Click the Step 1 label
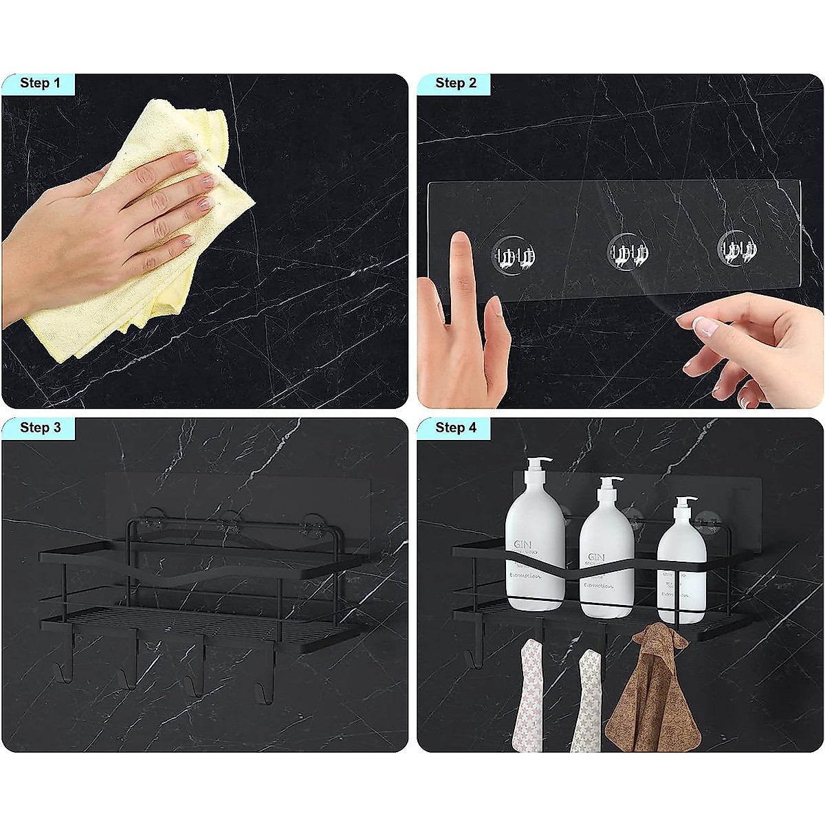[40, 83]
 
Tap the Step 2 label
[455, 83]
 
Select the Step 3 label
[40, 427]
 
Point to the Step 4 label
[455, 427]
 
